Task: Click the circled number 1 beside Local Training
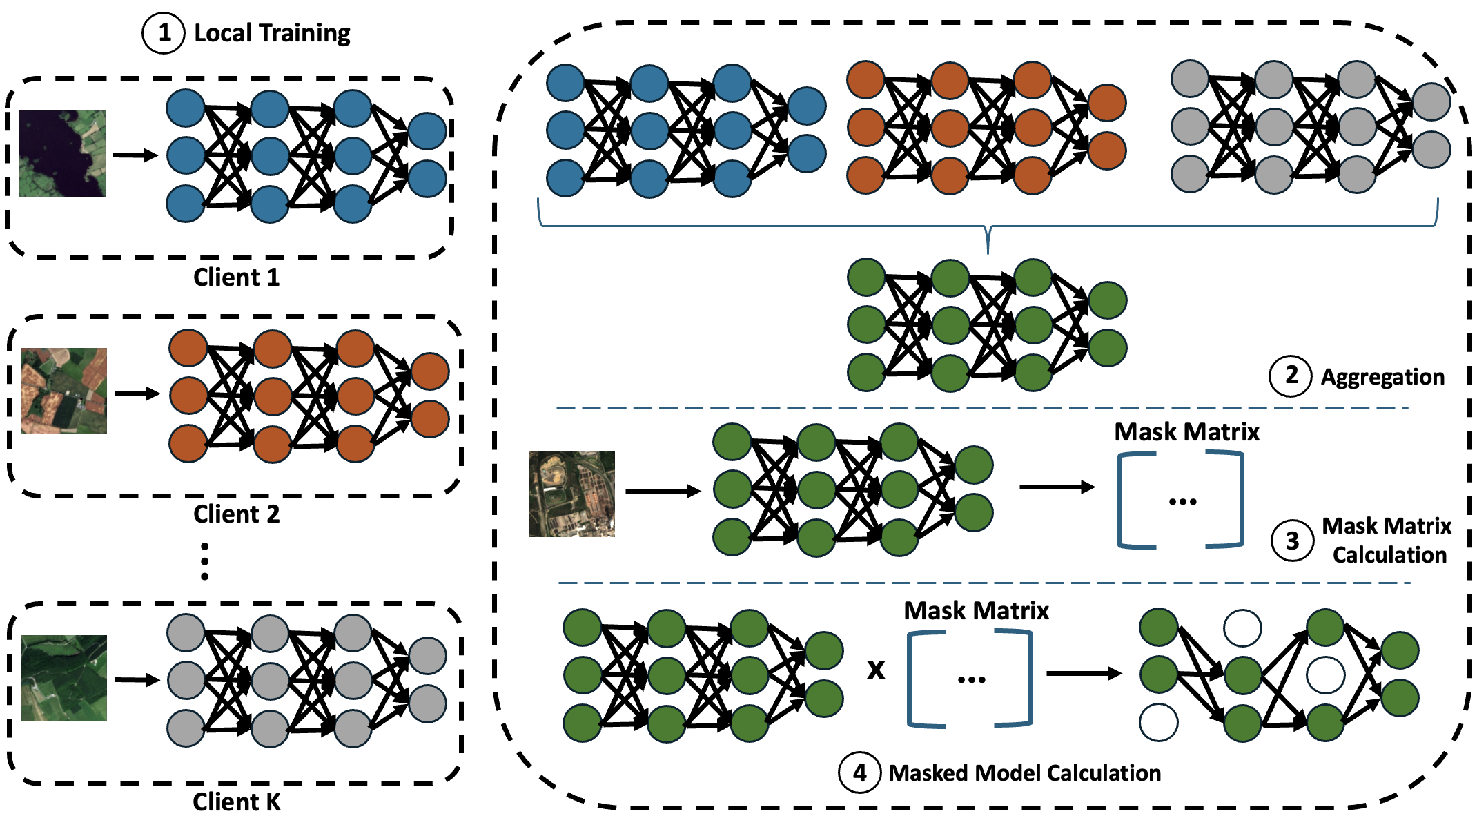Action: [164, 32]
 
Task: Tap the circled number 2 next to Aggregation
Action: [1291, 376]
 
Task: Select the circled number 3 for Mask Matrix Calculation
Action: [1292, 541]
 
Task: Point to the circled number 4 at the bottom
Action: [859, 773]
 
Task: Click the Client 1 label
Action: [236, 278]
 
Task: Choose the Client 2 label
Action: [236, 514]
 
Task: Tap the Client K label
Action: [236, 802]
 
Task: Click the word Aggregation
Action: [1382, 377]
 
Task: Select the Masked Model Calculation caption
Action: [1024, 773]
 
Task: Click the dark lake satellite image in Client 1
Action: [62, 153]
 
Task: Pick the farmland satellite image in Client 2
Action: [64, 391]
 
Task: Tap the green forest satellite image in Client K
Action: [63, 678]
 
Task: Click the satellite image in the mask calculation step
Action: [571, 494]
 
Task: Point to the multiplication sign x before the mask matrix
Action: [876, 670]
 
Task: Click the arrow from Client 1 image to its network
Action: [135, 155]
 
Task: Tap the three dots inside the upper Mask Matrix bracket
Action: [1182, 502]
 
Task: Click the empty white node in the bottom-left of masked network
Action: [1159, 722]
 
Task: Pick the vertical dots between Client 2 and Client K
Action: [204, 561]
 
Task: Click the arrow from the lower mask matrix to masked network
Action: [1084, 673]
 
